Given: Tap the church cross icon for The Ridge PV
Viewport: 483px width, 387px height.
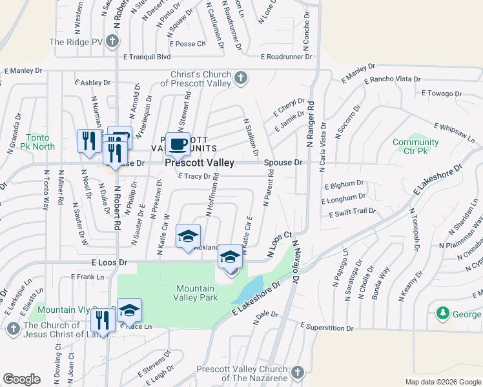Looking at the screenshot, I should point(113,42).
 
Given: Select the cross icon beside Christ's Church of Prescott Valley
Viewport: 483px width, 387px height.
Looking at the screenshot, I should point(240,78).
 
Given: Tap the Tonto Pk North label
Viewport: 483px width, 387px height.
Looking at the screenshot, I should point(40,142).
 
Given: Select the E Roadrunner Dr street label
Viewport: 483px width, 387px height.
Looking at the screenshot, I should point(287,57).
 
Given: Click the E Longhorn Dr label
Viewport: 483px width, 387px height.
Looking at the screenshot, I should point(344,197).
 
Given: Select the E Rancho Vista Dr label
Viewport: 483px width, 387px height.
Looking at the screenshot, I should point(392,80).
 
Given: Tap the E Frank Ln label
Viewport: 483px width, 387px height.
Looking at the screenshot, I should point(87,277).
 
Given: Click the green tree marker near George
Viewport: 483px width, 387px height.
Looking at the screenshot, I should point(443,313).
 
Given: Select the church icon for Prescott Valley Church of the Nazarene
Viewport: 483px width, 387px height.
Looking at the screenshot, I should point(296,372).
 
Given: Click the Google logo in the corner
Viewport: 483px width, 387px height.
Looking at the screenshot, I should point(21,379).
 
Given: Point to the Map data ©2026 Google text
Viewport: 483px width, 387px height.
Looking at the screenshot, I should point(443,382).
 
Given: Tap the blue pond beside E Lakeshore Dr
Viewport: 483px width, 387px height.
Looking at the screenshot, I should point(249,289).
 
